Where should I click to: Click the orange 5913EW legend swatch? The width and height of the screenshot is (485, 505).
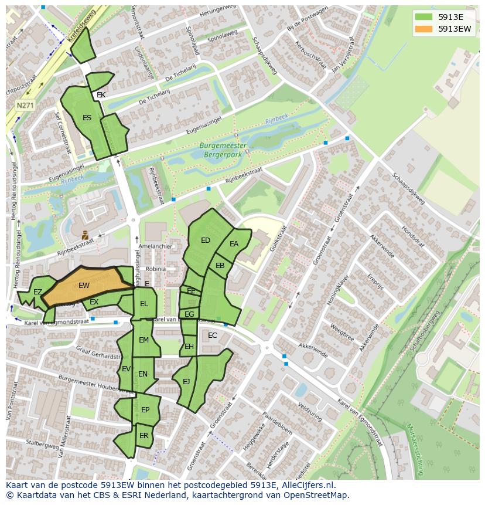click(x=424, y=29)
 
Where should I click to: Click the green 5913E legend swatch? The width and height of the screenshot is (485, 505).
click(x=424, y=16)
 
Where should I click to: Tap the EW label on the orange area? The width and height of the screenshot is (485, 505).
click(x=84, y=286)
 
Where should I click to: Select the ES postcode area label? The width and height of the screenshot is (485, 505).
click(x=87, y=118)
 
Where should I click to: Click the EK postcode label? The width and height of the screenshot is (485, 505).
click(x=101, y=95)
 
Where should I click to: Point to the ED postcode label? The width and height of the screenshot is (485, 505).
click(x=206, y=240)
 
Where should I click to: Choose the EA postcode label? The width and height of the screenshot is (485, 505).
click(x=234, y=244)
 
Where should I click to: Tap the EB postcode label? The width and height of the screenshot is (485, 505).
click(x=220, y=266)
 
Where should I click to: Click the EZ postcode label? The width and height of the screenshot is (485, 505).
click(x=37, y=292)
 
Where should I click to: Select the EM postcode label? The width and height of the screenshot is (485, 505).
click(x=144, y=340)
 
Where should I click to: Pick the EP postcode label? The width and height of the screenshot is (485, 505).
click(x=145, y=410)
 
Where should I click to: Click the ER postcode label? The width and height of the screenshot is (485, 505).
click(x=144, y=436)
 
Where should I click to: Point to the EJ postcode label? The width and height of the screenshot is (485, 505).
click(x=186, y=382)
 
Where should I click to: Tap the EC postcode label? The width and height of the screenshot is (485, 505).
click(x=212, y=335)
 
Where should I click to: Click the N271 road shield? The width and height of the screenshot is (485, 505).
click(x=25, y=106)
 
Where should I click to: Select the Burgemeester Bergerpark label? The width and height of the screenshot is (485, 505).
click(x=223, y=150)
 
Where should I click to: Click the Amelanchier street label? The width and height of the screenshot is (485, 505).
click(x=156, y=246)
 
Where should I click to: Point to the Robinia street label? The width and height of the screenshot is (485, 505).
click(x=156, y=269)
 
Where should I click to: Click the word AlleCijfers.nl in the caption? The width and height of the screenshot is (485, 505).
click(x=306, y=485)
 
